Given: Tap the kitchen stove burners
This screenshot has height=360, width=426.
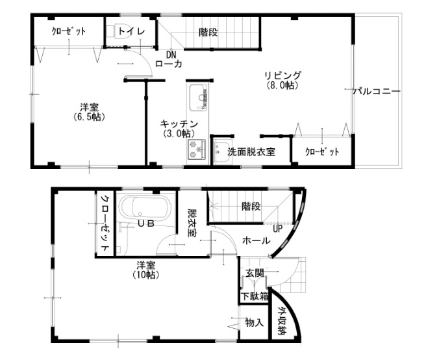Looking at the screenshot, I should pyautogui.click(x=196, y=151).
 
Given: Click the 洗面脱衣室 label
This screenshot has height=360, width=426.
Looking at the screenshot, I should pyautogui.click(x=251, y=152).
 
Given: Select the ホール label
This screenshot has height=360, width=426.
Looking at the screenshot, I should pyautogui.click(x=256, y=240).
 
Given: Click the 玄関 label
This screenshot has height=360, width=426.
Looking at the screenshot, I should pyautogui.click(x=254, y=274).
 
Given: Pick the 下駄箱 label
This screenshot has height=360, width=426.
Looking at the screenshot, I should pyautogui.click(x=254, y=296).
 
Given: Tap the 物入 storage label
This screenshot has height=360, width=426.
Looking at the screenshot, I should pyautogui.click(x=254, y=322).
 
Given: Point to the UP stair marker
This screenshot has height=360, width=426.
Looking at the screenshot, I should pyautogui.click(x=277, y=229).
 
